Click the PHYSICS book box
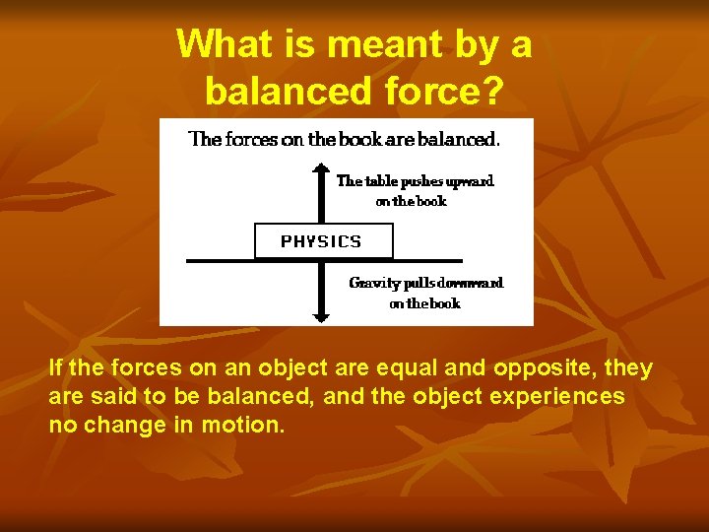(322, 241)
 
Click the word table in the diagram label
(380, 181)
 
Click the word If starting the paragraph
(55, 369)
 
